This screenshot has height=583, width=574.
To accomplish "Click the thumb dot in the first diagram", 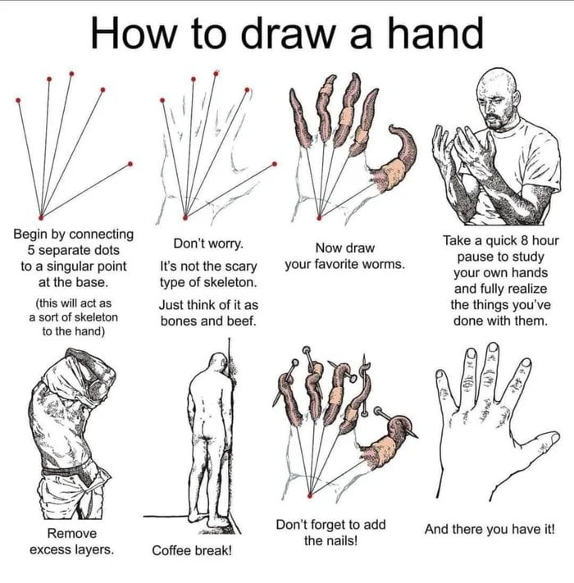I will pos(130,164).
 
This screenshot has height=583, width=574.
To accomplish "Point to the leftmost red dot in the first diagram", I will pos(17,101).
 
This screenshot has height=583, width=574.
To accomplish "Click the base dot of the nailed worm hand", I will pos(309,495).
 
